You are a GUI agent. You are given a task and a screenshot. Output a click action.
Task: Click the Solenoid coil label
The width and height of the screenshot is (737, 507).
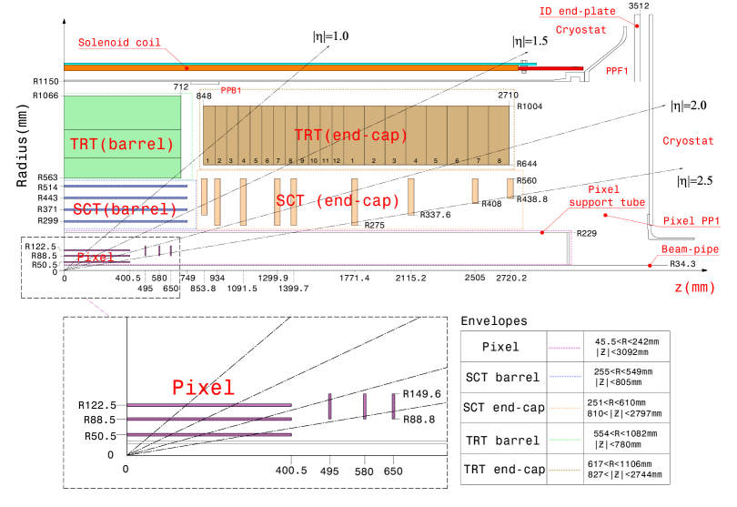tap(119, 43)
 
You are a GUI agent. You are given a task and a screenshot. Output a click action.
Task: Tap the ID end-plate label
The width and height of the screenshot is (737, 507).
tap(577, 12)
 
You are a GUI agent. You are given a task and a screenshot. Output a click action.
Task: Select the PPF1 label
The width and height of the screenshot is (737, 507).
tap(617, 71)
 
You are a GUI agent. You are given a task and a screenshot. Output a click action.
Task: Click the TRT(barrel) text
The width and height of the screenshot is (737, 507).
tap(122, 144)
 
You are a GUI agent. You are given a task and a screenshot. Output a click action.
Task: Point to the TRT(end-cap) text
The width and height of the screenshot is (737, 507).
tap(351, 136)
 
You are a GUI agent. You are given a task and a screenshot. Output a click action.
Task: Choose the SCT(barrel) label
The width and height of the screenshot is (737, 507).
tap(125, 209)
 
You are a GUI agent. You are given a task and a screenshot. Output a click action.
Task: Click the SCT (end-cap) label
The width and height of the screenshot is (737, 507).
tap(338, 201)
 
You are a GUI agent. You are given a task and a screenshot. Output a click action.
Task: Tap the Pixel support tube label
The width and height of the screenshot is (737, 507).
tap(607, 196)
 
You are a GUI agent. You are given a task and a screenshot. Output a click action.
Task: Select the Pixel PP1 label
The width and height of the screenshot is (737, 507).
tap(692, 221)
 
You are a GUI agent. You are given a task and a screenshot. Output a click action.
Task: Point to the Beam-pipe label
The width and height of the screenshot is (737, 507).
tap(690, 249)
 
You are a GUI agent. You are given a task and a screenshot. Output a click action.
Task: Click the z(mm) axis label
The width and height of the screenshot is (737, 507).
tap(694, 288)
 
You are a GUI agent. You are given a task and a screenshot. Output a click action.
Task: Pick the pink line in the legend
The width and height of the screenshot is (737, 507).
tap(564, 348)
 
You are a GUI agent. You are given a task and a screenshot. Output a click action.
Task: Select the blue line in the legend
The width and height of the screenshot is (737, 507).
tap(565, 376)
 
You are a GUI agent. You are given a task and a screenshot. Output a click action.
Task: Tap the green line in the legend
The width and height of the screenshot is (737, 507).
tap(564, 440)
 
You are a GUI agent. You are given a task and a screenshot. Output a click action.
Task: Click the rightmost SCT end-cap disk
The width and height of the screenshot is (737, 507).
tap(510, 188)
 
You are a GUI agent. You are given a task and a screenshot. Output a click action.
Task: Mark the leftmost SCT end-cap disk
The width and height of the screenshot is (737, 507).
tap(205, 197)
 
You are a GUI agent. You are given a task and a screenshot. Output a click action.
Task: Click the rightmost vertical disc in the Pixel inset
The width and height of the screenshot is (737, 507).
tap(393, 406)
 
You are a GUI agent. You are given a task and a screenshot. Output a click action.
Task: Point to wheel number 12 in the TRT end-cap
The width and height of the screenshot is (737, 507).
tap(336, 161)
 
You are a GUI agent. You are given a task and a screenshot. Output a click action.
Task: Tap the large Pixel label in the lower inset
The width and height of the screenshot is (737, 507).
tap(203, 388)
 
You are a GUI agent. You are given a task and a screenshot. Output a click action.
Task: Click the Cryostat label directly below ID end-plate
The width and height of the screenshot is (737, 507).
tap(581, 30)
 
